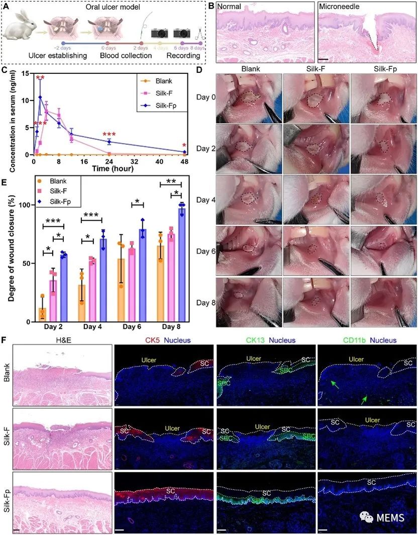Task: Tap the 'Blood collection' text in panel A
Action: (127, 55)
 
